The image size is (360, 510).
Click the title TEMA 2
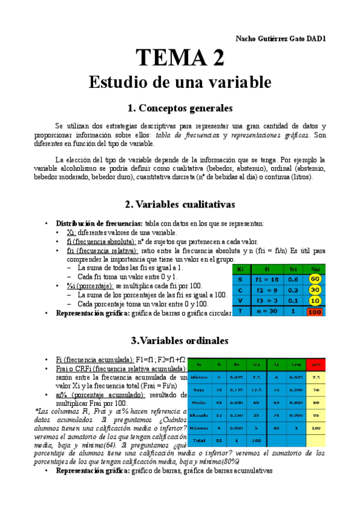coord(180,58)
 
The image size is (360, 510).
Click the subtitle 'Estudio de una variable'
coord(180,82)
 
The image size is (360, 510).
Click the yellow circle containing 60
coord(314,279)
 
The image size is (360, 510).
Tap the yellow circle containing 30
coord(314,290)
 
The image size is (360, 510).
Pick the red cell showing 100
coord(314,312)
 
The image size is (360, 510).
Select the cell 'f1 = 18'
coord(266,279)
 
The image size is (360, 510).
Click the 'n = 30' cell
coord(266,312)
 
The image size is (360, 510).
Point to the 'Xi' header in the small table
coord(240,269)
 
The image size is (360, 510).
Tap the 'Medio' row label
coord(200,402)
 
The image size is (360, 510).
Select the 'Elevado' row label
coord(200,415)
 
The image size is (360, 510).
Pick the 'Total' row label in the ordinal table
coord(200,440)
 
